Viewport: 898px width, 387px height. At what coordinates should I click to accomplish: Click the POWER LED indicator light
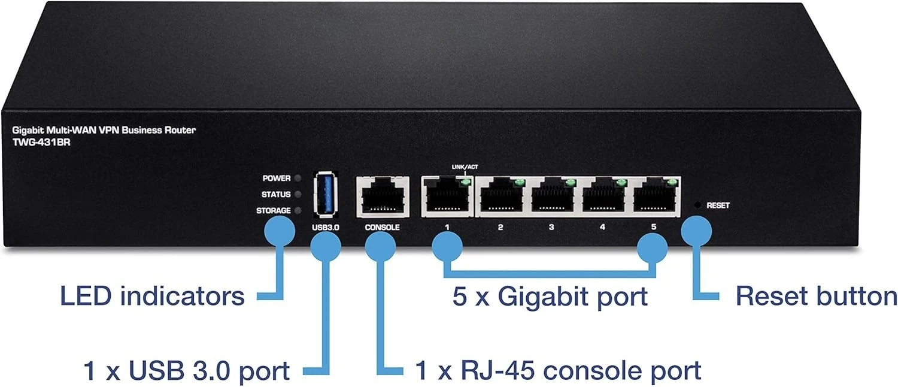(x=298, y=178)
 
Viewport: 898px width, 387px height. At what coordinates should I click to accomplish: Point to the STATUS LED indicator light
(x=298, y=195)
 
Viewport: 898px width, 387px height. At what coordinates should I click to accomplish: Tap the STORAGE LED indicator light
(x=298, y=210)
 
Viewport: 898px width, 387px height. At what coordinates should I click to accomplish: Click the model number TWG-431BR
(x=42, y=143)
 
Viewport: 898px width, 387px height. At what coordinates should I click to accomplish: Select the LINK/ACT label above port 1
(x=465, y=167)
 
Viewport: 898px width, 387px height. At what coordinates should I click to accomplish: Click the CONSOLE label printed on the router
(x=382, y=228)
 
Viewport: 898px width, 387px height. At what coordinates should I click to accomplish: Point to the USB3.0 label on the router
(x=326, y=228)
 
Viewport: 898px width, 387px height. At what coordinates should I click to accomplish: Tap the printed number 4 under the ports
(x=602, y=227)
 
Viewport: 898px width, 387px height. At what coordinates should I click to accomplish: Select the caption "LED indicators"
(x=152, y=297)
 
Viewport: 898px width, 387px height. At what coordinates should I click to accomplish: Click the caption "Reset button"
(x=816, y=297)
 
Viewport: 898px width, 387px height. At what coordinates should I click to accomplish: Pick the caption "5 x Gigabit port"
(x=550, y=297)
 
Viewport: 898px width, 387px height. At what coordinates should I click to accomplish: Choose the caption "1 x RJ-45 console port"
(x=558, y=370)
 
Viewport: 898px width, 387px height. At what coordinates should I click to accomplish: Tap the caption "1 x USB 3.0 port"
(x=186, y=371)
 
